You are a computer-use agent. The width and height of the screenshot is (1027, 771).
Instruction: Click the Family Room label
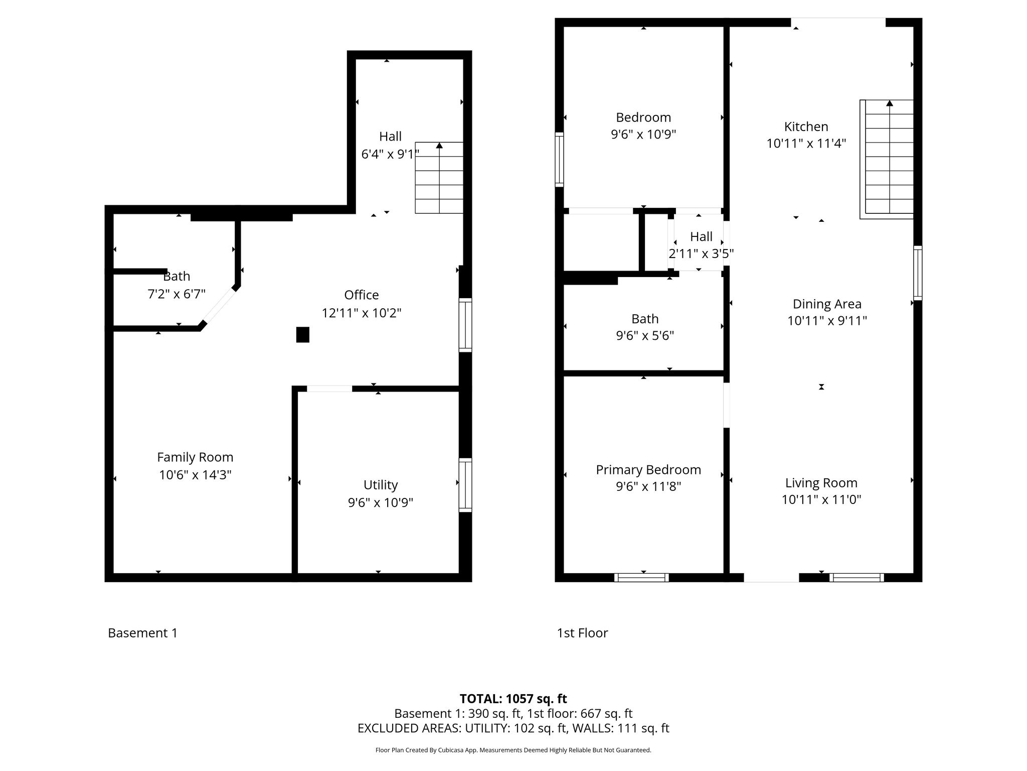[195, 457]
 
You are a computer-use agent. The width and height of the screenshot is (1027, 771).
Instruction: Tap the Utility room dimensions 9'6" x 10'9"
[381, 502]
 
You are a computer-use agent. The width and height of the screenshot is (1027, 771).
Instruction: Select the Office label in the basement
[361, 295]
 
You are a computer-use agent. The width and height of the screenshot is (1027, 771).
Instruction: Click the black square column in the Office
[302, 335]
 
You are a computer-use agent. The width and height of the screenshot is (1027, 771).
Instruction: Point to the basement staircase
[439, 178]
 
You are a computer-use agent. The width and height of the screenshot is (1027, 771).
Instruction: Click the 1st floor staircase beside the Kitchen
[887, 159]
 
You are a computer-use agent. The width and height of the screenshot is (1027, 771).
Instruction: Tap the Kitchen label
[806, 126]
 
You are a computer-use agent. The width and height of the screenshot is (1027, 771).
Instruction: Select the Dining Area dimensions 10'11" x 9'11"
[827, 321]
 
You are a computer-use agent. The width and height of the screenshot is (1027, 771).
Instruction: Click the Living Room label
[821, 483]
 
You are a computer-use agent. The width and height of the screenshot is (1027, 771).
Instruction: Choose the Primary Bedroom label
[648, 470]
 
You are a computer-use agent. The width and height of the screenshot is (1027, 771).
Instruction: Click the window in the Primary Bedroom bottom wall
[641, 577]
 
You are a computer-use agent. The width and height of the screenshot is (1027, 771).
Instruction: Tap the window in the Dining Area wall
[918, 273]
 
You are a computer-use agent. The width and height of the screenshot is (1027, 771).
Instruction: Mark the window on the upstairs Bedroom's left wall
[559, 160]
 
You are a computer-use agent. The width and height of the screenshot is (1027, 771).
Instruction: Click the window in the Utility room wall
[465, 485]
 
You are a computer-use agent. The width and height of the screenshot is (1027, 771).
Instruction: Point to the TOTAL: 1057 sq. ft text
[513, 699]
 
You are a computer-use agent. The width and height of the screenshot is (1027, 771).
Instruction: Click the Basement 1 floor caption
[142, 633]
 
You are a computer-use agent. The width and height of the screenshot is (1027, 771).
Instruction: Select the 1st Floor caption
[582, 633]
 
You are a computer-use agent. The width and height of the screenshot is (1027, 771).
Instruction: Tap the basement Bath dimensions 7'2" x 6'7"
[177, 294]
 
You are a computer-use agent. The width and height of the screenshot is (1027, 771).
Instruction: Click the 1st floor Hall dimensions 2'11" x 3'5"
[701, 254]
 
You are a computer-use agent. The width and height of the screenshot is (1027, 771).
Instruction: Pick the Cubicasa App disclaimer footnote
[513, 750]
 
